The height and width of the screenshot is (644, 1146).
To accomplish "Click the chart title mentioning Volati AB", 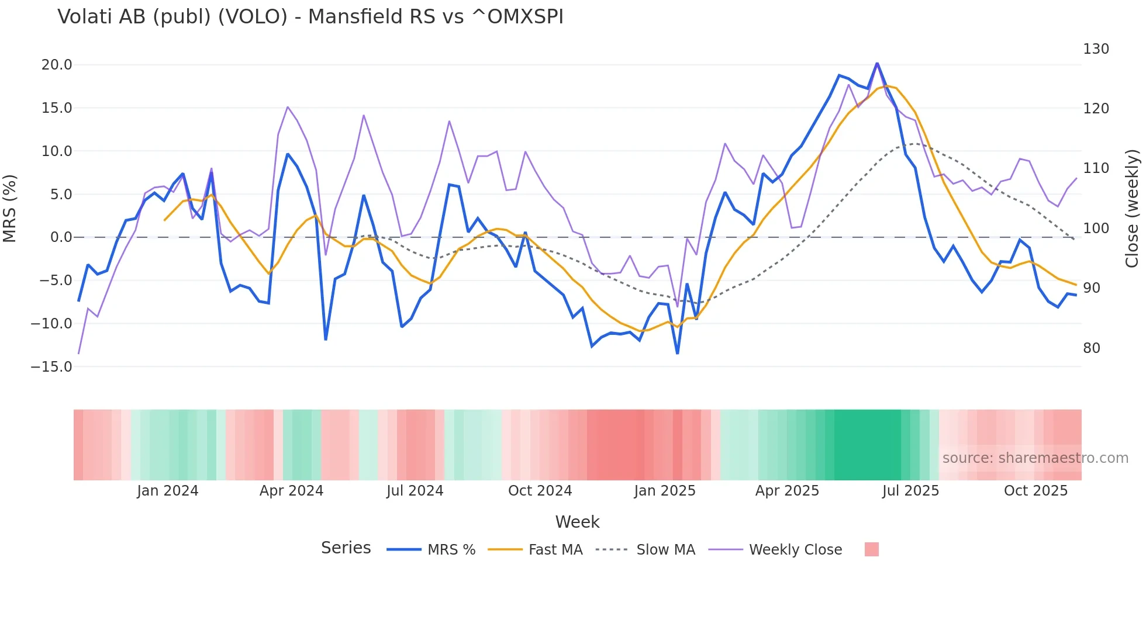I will click(310, 17).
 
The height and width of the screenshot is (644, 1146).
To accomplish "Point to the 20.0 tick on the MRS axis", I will click(57, 65).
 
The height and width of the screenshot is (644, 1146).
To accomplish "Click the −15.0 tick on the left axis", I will click(51, 367).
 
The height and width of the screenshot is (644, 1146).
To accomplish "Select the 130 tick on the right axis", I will click(1096, 49).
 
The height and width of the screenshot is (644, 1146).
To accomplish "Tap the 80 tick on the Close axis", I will click(1092, 348).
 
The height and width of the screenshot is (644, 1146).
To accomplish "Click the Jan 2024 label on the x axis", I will click(168, 491).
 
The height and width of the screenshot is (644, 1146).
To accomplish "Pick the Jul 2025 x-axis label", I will click(910, 491).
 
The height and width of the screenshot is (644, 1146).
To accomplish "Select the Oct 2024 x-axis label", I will click(540, 491).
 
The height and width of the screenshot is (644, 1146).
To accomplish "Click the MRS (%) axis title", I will click(10, 209).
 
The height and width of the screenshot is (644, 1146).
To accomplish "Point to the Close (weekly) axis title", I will click(1132, 209).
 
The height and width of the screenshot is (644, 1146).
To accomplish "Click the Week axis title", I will click(577, 522).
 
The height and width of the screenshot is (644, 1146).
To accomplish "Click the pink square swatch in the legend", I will click(871, 549).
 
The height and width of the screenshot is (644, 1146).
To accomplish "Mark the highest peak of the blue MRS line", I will click(877, 63).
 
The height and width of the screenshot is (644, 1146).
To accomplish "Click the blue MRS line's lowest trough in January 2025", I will click(678, 353).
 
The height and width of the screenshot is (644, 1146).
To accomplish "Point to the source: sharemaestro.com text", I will click(1035, 458).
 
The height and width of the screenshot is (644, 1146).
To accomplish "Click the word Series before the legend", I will click(346, 548).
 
